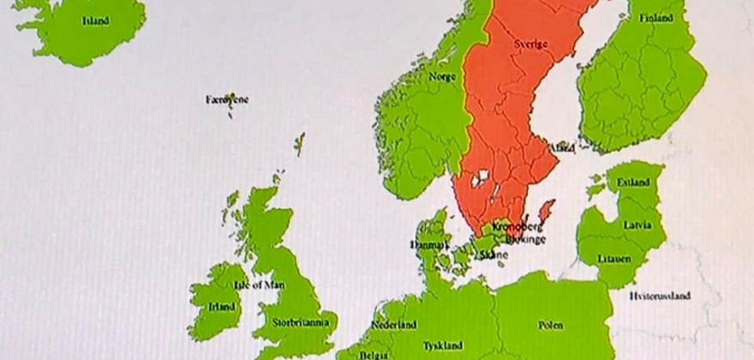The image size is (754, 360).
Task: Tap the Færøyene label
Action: pyautogui.click(x=228, y=99)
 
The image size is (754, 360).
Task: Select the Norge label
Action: pyautogui.click(x=442, y=75)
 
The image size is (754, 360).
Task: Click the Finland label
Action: pyautogui.click(x=655, y=18)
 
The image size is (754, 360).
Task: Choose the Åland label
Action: pyautogui.click(x=562, y=147)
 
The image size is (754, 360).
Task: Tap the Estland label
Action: pyautogui.click(x=633, y=183)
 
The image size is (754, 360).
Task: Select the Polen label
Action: pyautogui.click(x=551, y=325)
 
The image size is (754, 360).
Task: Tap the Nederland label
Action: pyautogui.click(x=393, y=325)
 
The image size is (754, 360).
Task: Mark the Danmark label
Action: pyautogui.click(x=430, y=244)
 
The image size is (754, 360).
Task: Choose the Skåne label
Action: pyautogui.click(x=494, y=255)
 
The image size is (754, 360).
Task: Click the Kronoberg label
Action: pyautogui.click(x=518, y=227)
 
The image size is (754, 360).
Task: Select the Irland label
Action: pyautogui.click(x=222, y=305)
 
